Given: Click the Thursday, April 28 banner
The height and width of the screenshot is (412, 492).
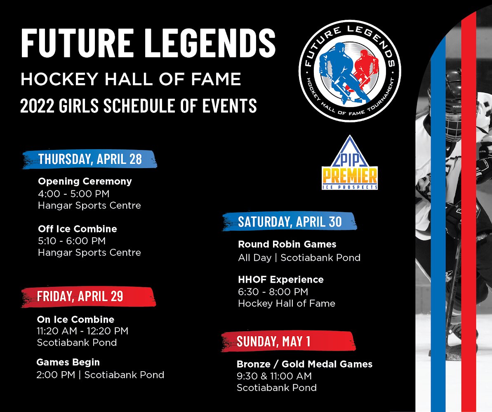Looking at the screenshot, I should (x=90, y=159).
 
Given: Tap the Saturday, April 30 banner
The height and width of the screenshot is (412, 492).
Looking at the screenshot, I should (x=290, y=221).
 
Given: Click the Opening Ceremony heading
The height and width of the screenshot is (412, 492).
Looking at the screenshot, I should (x=85, y=181).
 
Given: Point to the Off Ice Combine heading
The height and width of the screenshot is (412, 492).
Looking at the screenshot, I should (x=78, y=229).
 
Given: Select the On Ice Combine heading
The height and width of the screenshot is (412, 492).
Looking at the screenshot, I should (x=75, y=319).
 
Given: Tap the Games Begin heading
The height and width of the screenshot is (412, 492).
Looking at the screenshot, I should (x=68, y=362).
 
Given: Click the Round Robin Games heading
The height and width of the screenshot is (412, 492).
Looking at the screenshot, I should (x=287, y=244).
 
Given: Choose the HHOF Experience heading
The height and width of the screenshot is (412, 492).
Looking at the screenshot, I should (x=280, y=279).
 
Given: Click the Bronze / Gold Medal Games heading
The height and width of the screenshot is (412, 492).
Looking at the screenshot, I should (x=304, y=364).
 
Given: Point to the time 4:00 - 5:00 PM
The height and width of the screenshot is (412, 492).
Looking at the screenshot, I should (x=73, y=193).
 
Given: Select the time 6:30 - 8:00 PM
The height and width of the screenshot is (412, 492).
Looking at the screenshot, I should (x=273, y=292).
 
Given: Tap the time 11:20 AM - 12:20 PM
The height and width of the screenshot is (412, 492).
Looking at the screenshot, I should (x=82, y=331).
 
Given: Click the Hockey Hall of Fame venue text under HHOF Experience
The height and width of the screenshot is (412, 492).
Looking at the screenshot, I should (x=287, y=304).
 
